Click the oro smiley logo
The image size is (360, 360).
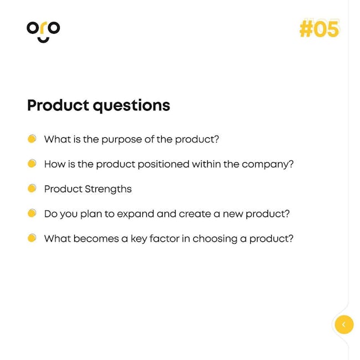coord(43,32)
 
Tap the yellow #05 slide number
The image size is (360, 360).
coord(320,29)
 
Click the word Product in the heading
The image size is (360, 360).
coord(58,106)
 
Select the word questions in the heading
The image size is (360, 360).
coord(131,106)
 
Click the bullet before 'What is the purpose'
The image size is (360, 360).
coord(32,138)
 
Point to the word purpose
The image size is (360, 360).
coord(122,140)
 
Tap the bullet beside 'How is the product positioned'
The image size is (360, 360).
coord(32,163)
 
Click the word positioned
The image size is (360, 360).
coord(163,164)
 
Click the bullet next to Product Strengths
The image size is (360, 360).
coord(32,188)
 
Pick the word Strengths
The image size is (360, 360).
coord(108,189)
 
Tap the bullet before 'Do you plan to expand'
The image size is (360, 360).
coord(32,213)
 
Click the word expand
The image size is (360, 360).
coord(136,214)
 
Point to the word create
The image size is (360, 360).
coord(195,214)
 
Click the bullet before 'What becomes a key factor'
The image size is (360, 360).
coord(32,238)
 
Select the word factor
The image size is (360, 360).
coord(164,239)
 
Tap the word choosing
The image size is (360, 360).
coord(215,239)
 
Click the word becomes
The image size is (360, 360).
coord(96,239)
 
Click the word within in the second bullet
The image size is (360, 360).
coord(207,164)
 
